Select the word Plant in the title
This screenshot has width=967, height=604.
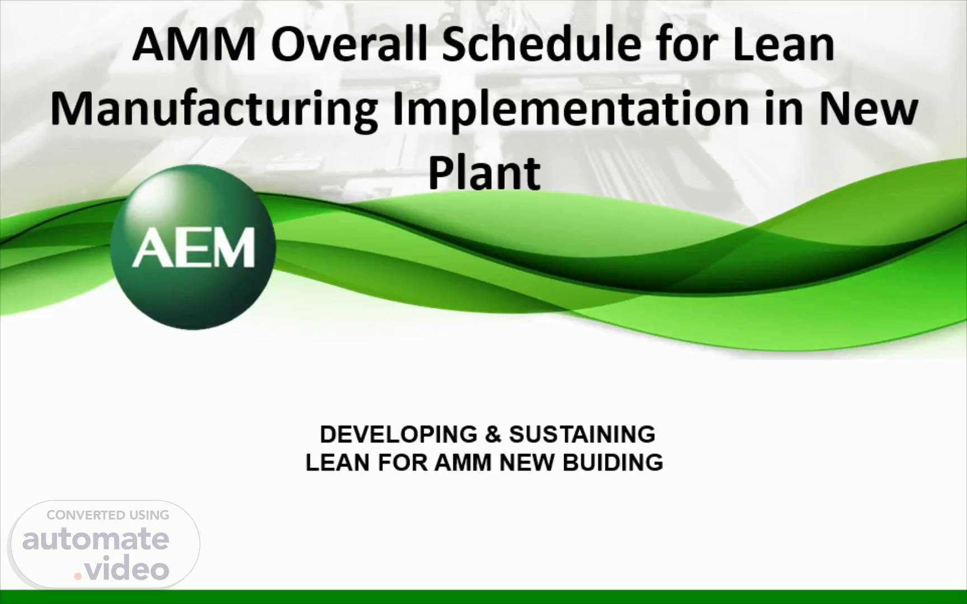pyautogui.click(x=485, y=173)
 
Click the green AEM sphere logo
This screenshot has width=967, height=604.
pyautogui.click(x=193, y=247)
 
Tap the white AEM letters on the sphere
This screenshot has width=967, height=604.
pyautogui.click(x=193, y=248)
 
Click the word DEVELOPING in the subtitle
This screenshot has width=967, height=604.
pyautogui.click(x=398, y=435)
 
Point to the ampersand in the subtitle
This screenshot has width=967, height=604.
pyautogui.click(x=493, y=435)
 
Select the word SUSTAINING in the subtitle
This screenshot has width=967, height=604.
pyautogui.click(x=582, y=435)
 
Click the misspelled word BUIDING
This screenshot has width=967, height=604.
pyautogui.click(x=613, y=463)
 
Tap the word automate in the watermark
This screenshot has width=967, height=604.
pyautogui.click(x=96, y=539)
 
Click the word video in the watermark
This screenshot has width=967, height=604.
pyautogui.click(x=128, y=569)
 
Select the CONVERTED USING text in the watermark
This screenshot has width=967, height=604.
pyautogui.click(x=108, y=515)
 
